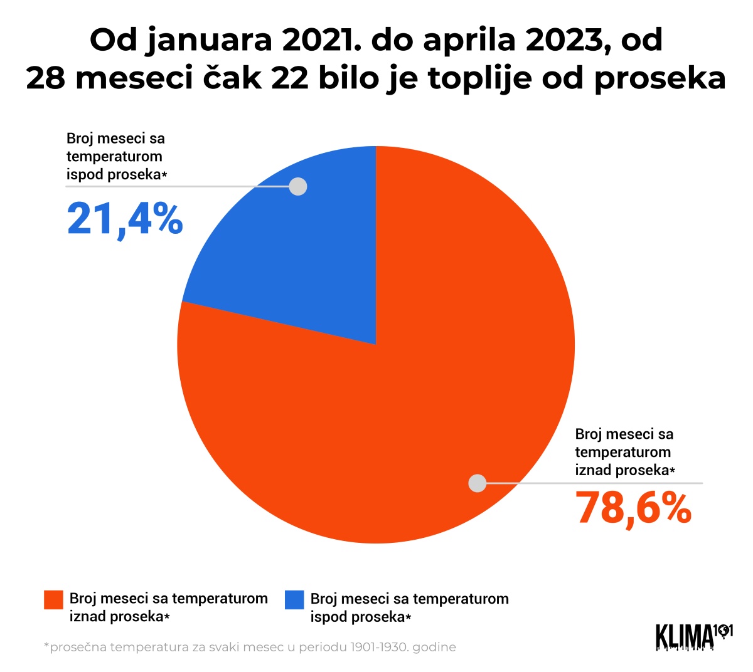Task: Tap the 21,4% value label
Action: [x=125, y=218]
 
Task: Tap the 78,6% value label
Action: [x=634, y=507]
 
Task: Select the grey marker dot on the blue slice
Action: [x=298, y=186]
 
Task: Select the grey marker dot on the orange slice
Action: [x=478, y=483]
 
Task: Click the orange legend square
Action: [x=53, y=600]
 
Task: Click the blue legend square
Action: [x=294, y=600]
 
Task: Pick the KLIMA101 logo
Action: [x=694, y=636]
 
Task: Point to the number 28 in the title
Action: [x=46, y=78]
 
